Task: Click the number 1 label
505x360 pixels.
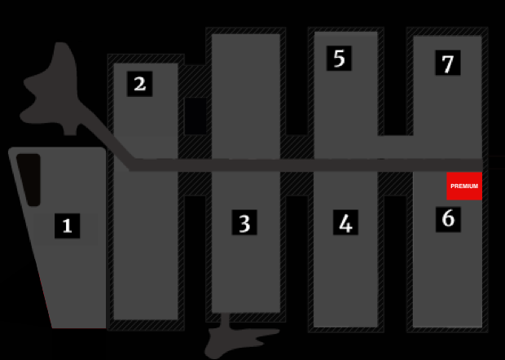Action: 68,226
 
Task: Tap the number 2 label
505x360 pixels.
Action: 140,84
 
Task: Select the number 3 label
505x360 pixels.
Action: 244,222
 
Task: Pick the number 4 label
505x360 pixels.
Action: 345,222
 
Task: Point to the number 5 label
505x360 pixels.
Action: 339,59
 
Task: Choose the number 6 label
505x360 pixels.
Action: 448,219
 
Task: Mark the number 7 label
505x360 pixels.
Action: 448,63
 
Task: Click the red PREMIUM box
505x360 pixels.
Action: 464,186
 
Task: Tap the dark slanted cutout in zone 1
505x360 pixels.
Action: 30,180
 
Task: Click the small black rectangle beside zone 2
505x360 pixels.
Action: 195,116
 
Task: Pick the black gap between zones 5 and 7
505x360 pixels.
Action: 395,81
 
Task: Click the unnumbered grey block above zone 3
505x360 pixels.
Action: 246,97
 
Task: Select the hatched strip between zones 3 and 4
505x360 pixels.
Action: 296,183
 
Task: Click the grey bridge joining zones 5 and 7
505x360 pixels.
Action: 396,147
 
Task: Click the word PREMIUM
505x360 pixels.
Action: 464,187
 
